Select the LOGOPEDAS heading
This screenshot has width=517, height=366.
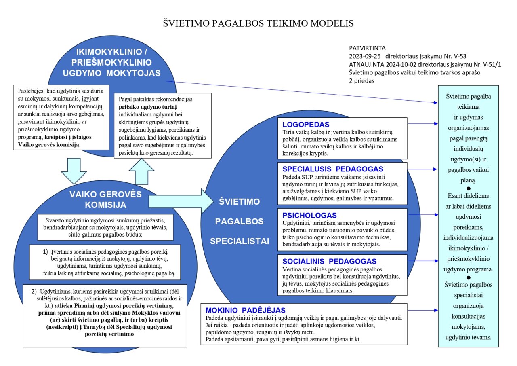pyautogui.click(x=306, y=124)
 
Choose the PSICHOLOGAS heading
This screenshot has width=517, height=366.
pyautogui.click(x=310, y=215)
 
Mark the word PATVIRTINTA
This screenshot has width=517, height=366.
pyautogui.click(x=368, y=48)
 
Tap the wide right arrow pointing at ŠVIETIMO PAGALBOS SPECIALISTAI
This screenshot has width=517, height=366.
pyautogui.click(x=180, y=200)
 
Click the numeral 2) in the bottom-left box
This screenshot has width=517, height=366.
pyautogui.click(x=34, y=291)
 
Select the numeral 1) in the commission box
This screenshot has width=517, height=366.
pyautogui.click(x=46, y=251)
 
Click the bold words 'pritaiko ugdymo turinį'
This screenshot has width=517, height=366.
pyautogui.click(x=148, y=107)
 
